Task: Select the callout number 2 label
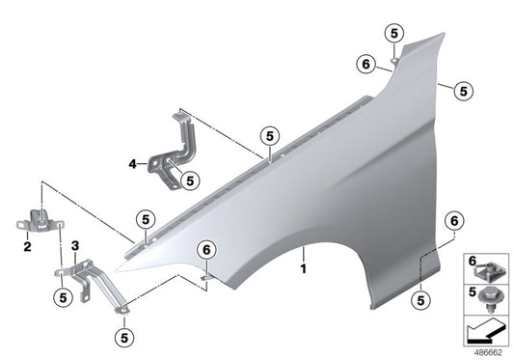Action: (x=27, y=247)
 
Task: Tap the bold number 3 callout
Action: (x=75, y=247)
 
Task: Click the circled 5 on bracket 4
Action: (x=189, y=179)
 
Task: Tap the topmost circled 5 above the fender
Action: (x=394, y=33)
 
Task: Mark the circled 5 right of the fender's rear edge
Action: (x=464, y=91)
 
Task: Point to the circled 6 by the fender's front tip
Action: (x=205, y=250)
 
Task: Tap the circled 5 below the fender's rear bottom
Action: (x=420, y=299)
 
